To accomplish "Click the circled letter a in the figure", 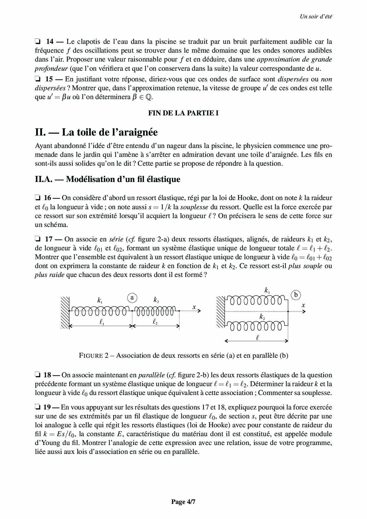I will [132, 298].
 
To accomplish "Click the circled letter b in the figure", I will [295, 295].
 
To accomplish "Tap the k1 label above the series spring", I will [100, 301].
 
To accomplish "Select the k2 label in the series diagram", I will [156, 300].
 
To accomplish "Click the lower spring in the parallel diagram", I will [256, 326].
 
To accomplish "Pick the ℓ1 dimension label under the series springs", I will [102, 322].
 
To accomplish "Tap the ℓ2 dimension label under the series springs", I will [155, 322].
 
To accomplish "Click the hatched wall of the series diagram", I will [65, 312].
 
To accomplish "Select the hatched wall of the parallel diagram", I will [221, 312].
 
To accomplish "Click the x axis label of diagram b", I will [303, 305].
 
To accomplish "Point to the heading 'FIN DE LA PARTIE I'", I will [183, 113].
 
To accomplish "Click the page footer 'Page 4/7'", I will [183, 502].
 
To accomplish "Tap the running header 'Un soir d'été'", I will [316, 17].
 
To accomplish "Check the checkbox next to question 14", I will [38, 41].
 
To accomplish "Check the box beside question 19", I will [38, 407].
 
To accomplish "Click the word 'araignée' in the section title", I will [138, 132].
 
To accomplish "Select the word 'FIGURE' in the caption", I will [91, 355].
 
